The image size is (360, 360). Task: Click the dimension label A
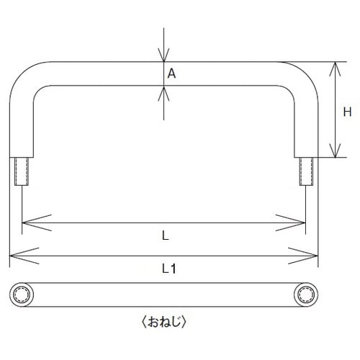pyautogui.click(x=171, y=73)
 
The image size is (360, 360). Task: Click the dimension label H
pyautogui.click(x=347, y=112)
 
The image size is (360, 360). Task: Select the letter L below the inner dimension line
pyautogui.click(x=166, y=235)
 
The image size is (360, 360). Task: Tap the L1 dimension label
pyautogui.click(x=169, y=269)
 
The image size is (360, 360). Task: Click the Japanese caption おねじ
pyautogui.click(x=164, y=322)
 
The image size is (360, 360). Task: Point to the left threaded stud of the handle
pyautogui.click(x=22, y=171)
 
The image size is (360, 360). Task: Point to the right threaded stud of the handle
pyautogui.click(x=306, y=171)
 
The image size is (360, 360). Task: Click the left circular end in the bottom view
pyautogui.click(x=22, y=294)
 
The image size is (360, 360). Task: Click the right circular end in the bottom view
pyautogui.click(x=306, y=294)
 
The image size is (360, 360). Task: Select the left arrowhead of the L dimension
pyautogui.click(x=36, y=222)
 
